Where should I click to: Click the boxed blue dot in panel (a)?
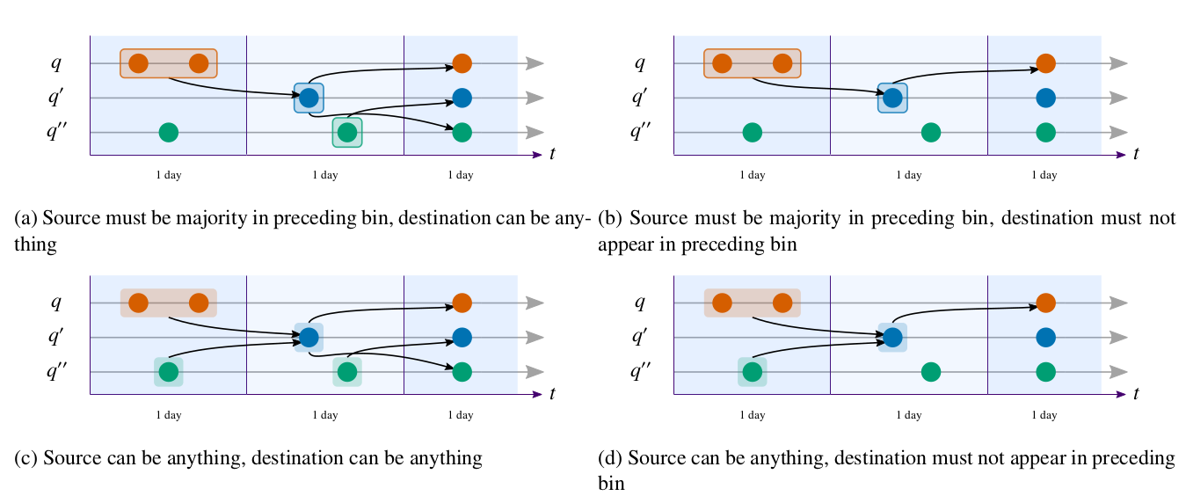point(309,98)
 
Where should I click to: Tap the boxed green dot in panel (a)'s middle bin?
point(347,133)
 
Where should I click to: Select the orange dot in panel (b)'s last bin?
point(1045,63)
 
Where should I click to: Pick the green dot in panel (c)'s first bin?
point(168,372)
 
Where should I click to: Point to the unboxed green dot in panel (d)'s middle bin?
point(930,372)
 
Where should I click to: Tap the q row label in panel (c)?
point(56,303)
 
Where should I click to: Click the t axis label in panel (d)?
point(1136,393)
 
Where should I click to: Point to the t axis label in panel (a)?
point(552,154)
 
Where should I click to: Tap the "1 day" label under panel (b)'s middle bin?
point(908,175)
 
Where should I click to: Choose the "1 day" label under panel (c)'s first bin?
point(169,414)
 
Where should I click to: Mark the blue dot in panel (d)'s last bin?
point(1045,337)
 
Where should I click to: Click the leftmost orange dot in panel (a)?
point(138,63)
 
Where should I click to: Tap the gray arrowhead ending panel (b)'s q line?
point(1117,63)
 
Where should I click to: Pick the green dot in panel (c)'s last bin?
point(462,372)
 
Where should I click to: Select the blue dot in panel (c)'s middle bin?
point(309,337)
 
